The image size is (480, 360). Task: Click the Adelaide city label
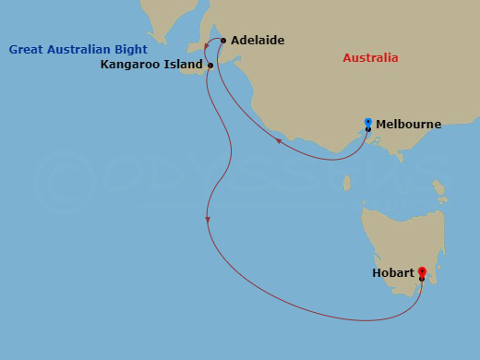point(258,41)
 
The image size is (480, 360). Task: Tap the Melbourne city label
point(408,124)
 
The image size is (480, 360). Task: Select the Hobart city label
point(393,273)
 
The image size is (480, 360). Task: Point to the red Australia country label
point(370,58)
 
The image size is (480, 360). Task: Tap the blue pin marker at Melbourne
point(368,122)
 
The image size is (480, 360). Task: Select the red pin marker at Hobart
point(422,272)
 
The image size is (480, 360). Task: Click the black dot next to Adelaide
point(223,41)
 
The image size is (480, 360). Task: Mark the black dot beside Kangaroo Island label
point(211,66)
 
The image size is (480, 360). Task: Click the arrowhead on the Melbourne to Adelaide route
point(280,141)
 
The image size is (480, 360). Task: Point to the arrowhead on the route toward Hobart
point(209,219)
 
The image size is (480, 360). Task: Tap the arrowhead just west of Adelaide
point(207,44)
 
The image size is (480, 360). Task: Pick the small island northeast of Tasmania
point(441,193)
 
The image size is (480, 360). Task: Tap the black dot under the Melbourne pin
point(368,129)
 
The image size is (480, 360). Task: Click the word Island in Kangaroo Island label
point(184,66)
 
